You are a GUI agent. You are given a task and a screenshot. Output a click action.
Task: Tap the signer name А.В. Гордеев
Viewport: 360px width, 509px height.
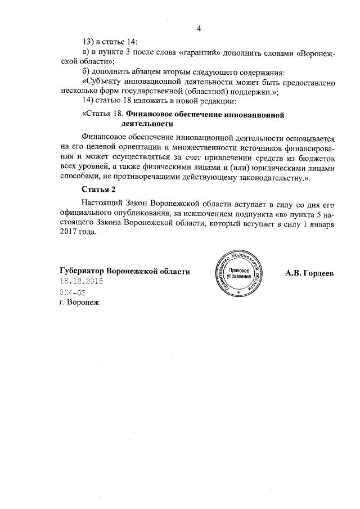309,273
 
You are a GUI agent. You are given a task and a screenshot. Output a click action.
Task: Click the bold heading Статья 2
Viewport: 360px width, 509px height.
98,189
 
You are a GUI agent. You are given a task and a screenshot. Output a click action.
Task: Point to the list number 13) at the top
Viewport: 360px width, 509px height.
89,42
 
